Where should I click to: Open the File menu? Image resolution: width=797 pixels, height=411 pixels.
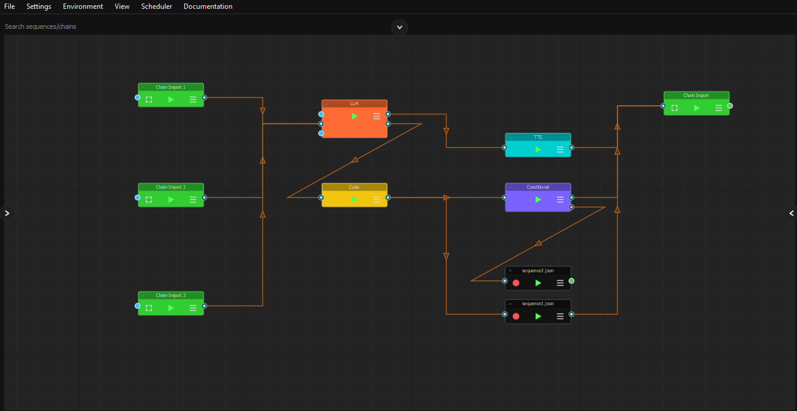tap(9, 6)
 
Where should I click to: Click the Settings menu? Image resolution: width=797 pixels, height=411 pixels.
tap(39, 6)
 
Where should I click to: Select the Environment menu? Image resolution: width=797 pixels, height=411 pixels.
tap(83, 6)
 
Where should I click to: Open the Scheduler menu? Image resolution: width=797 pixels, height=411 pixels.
tap(157, 6)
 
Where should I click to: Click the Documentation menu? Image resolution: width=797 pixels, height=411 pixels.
tap(208, 6)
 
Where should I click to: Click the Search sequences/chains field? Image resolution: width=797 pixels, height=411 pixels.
tap(177, 26)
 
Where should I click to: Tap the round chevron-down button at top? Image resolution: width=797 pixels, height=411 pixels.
tap(400, 27)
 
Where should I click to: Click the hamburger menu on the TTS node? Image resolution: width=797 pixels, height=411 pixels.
tap(560, 149)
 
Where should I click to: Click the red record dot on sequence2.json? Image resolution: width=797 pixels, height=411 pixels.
tap(516, 283)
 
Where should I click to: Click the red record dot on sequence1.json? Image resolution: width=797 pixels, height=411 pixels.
tap(516, 316)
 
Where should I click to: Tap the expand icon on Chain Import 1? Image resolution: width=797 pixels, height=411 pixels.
tap(149, 99)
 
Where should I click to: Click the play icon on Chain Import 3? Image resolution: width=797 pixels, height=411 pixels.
tap(171, 308)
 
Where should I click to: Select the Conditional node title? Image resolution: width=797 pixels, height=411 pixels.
tap(538, 187)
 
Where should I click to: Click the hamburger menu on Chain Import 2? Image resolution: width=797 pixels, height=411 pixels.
tap(193, 199)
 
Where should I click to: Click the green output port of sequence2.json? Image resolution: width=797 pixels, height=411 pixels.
tap(572, 281)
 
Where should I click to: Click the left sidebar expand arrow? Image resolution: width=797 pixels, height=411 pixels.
tap(7, 213)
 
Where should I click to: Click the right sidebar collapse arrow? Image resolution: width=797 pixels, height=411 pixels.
tap(791, 213)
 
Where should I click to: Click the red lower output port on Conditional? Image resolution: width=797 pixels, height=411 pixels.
tap(572, 207)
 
